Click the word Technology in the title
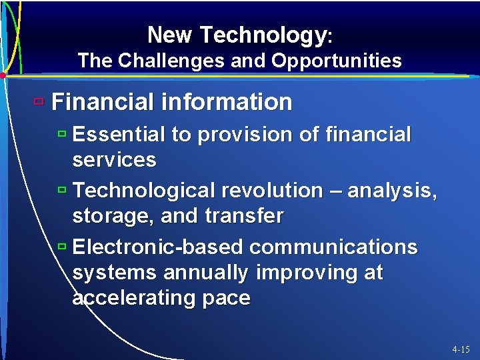(262, 35)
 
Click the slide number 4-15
(460, 349)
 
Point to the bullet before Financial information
(39, 102)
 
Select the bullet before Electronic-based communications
(61, 247)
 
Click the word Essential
(119, 135)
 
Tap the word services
(114, 160)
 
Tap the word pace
(224, 298)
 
